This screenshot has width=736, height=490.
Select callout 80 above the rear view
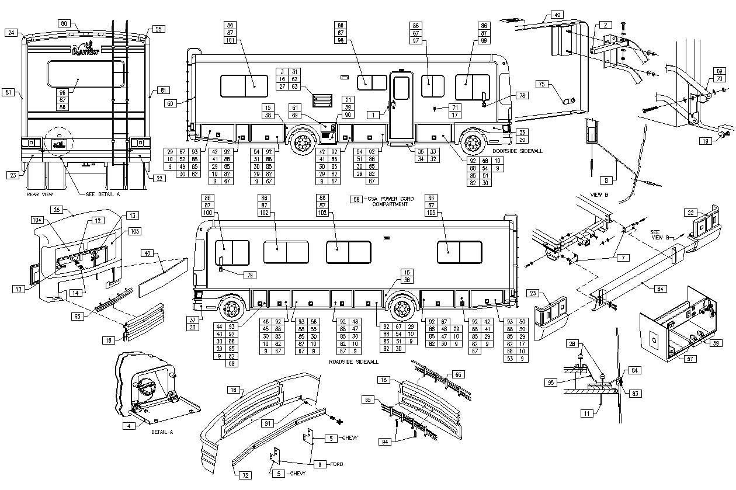tap(65, 24)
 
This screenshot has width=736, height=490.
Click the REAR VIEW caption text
tap(40, 193)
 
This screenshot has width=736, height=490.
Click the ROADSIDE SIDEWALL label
tap(355, 362)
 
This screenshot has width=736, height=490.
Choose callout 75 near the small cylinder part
tap(541, 84)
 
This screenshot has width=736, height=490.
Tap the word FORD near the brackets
tap(336, 464)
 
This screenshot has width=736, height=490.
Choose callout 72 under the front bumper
tap(245, 475)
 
